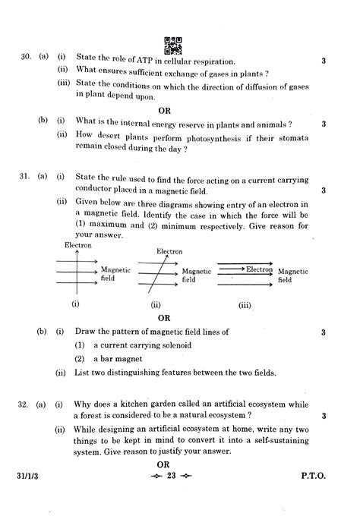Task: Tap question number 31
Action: coord(25,177)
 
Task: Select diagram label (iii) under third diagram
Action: coord(245,305)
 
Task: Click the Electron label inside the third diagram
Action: coord(259,269)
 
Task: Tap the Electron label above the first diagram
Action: coord(78,246)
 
